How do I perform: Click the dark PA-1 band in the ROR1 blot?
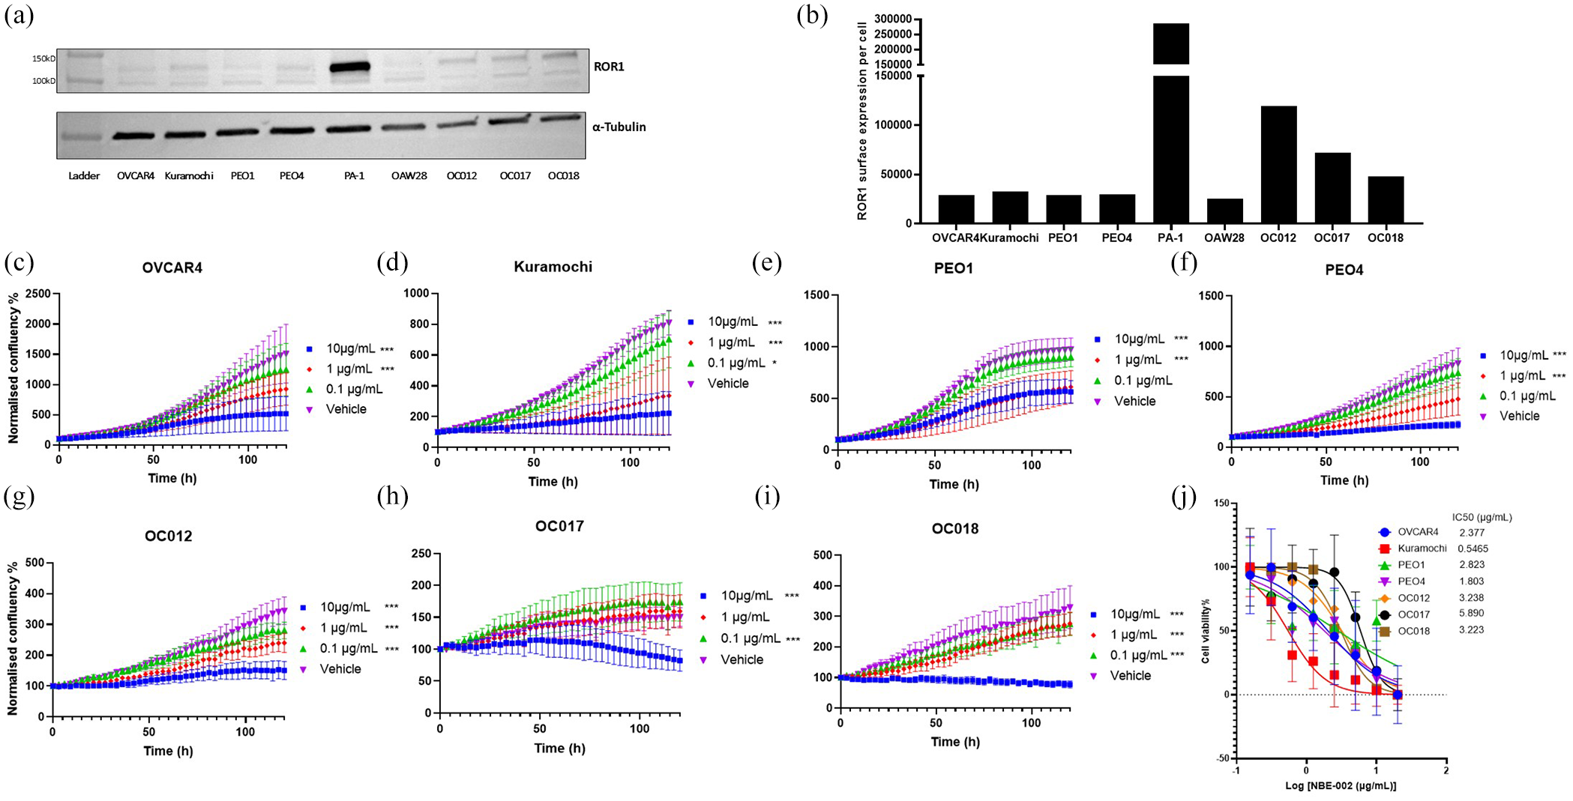[x=350, y=67]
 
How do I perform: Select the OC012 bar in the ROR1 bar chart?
[x=1278, y=165]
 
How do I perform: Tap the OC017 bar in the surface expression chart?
[x=1332, y=188]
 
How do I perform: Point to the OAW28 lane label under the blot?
[x=409, y=176]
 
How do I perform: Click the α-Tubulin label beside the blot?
[x=619, y=127]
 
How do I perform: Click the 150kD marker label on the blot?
[x=43, y=58]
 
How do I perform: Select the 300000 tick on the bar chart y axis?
[x=893, y=19]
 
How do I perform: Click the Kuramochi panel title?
[x=553, y=267]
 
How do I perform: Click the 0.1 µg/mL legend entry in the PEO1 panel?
[x=1134, y=381]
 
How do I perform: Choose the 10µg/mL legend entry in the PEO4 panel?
[x=1515, y=355]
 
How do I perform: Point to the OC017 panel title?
[x=559, y=526]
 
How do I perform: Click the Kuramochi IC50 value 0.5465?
[x=1473, y=548]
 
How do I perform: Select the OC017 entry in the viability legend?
[x=1404, y=614]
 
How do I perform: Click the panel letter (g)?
[x=19, y=497]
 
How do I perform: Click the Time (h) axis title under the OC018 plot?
[x=955, y=742]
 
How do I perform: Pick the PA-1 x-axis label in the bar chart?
[x=1170, y=238]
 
